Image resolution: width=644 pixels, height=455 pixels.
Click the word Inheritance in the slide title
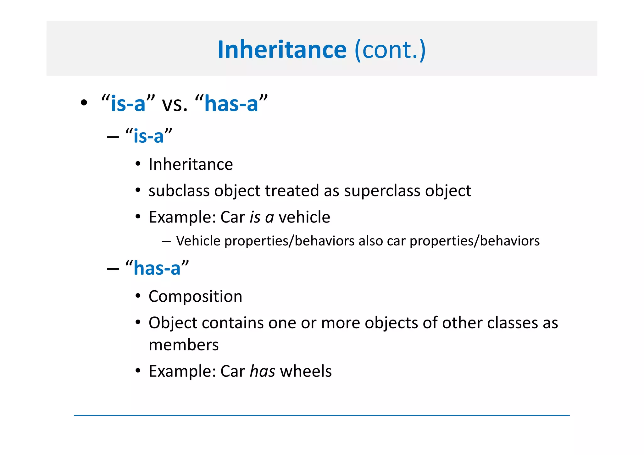[282, 50]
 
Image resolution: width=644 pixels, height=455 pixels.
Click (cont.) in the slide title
[390, 50]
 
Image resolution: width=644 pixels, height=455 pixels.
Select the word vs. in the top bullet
[175, 104]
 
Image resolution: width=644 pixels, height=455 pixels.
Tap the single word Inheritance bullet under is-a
[191, 164]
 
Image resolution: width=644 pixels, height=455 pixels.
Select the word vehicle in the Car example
[304, 217]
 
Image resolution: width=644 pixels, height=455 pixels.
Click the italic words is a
[262, 217]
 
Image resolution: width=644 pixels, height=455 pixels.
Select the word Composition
[195, 296]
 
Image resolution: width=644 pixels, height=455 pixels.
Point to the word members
[183, 345]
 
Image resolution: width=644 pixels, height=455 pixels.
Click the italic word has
[262, 371]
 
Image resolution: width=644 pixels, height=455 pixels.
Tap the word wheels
[306, 371]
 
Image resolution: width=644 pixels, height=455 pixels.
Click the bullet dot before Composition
[138, 296]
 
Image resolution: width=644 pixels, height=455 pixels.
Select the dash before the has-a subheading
[113, 269]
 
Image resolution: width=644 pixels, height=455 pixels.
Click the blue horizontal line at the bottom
[321, 415]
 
